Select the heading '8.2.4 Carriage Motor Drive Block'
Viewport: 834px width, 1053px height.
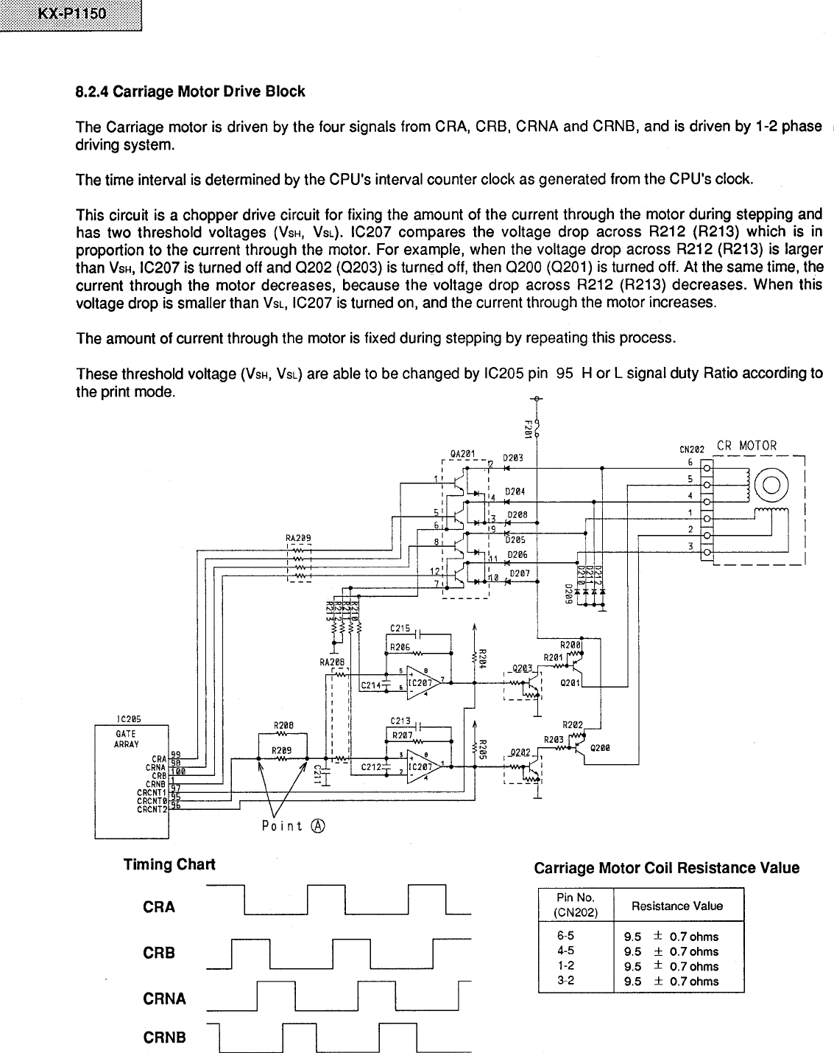tap(190, 91)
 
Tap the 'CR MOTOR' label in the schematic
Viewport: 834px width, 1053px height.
tap(746, 445)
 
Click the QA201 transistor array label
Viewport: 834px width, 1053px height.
tap(464, 454)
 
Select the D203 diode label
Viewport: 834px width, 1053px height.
tap(513, 458)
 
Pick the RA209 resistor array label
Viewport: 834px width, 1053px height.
tap(298, 538)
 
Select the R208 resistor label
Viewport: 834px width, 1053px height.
tap(283, 725)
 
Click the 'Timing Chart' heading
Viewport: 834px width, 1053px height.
tap(169, 864)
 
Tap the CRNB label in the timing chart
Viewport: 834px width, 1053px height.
tap(165, 1038)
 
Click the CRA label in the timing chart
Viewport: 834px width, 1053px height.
tap(159, 907)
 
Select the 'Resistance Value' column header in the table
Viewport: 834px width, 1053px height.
tap(677, 906)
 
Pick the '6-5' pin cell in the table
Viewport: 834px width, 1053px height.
tap(566, 937)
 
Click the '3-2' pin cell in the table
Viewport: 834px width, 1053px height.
tap(566, 981)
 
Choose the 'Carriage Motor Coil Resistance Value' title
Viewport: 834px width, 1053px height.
tap(666, 868)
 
